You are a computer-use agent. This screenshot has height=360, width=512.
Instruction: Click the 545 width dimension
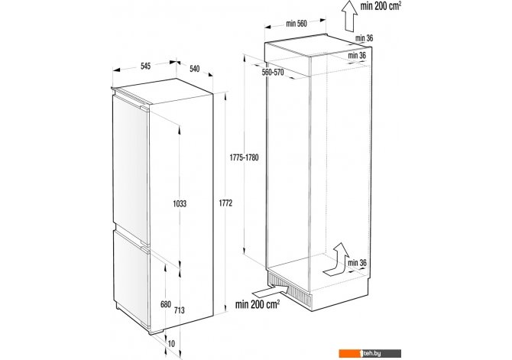coord(146,66)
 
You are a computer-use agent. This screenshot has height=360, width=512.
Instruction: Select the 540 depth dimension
coord(194,69)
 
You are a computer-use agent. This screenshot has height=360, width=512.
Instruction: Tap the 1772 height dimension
coord(225,203)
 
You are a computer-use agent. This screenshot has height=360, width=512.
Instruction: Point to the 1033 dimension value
coord(180,204)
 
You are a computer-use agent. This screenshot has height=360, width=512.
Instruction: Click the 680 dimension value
coord(166,304)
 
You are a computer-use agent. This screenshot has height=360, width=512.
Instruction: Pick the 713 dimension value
coord(179,310)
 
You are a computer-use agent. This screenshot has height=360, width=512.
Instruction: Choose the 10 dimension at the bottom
coord(171,344)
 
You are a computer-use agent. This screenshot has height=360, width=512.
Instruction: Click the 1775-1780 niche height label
coord(244,157)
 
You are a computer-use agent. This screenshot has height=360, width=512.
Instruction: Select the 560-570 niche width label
coord(273,72)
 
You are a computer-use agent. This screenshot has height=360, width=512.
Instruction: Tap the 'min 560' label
coord(297,24)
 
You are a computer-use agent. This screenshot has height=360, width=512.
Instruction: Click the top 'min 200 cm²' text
coord(381,6)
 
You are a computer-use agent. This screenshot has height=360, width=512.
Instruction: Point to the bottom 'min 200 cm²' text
coord(258,304)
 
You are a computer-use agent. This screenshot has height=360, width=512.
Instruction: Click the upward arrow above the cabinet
coord(349,16)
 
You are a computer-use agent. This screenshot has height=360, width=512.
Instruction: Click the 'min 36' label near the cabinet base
coord(357,263)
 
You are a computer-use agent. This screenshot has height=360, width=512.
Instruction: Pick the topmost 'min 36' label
coord(365,38)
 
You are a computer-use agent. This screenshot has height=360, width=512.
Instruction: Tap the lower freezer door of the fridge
coord(131,277)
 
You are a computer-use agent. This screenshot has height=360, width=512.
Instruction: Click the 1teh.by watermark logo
coord(370,353)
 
